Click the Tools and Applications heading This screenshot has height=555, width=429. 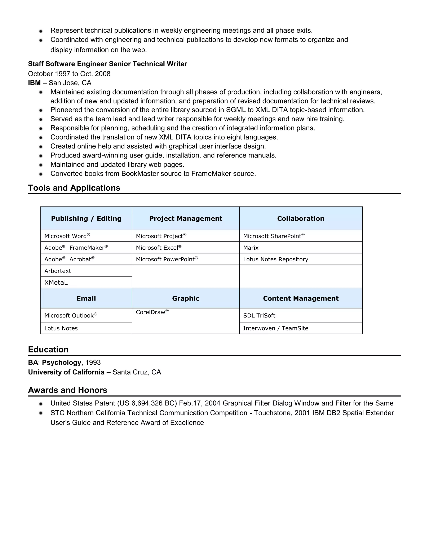tap(74, 188)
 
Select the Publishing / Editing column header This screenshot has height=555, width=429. tap(86, 218)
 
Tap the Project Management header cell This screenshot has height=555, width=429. tap(186, 218)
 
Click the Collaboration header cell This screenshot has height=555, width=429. tap(301, 218)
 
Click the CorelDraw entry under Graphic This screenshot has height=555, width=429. tap(152, 312)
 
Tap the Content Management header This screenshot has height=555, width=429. tap(301, 298)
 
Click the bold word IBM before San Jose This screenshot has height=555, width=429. tap(34, 83)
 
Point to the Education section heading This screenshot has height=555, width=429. tap(48, 349)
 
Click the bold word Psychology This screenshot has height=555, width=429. tap(62, 362)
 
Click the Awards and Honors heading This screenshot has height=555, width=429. tap(68, 390)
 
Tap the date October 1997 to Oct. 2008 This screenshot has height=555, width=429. tap(69, 74)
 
